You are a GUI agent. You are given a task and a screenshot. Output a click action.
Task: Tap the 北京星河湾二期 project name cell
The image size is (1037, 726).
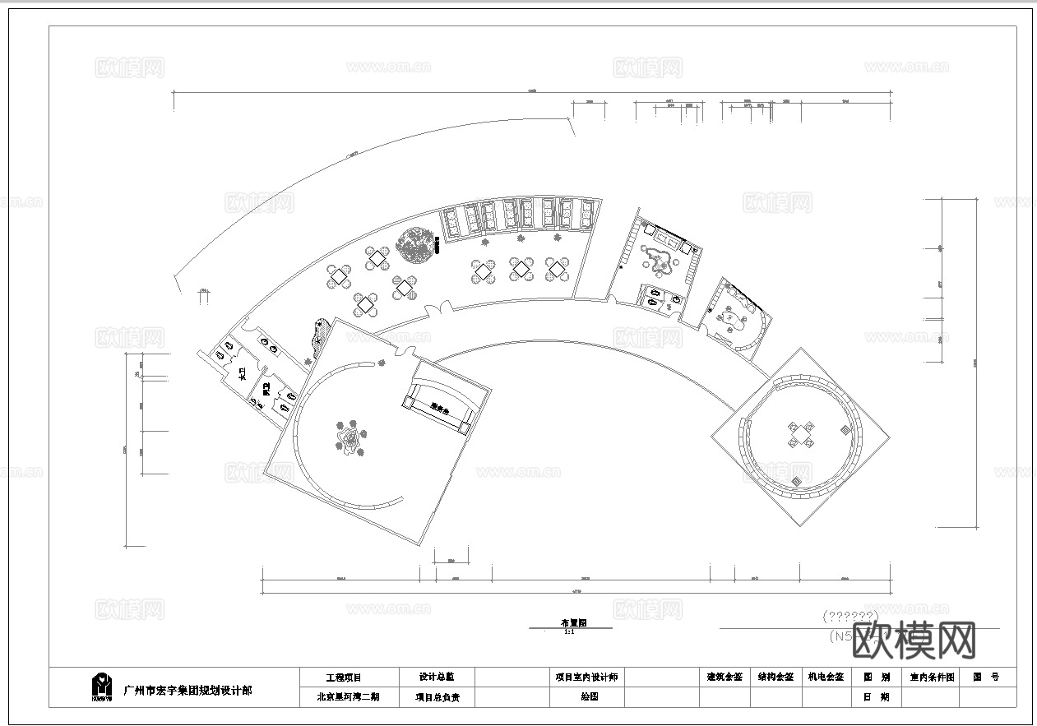point(349,696)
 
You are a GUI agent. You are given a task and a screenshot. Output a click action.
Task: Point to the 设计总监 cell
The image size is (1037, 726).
point(436,677)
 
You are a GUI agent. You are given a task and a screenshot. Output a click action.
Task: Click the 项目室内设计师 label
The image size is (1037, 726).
point(587,677)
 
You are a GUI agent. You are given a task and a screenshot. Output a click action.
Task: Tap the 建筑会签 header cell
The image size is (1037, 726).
point(725,677)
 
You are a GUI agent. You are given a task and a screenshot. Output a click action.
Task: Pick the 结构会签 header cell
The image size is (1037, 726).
point(775,677)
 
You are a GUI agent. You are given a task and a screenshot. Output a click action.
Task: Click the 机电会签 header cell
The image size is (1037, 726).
point(826,677)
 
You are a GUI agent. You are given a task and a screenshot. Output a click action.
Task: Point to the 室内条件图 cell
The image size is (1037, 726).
point(932,677)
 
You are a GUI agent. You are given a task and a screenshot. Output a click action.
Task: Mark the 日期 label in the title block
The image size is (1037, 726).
point(876,696)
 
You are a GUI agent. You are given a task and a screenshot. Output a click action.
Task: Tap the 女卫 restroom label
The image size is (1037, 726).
point(242,376)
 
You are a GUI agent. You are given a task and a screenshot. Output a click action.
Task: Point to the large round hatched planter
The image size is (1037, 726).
point(415,244)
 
